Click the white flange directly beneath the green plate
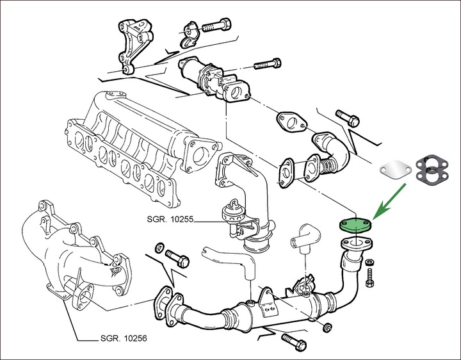click(x=354, y=244)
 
